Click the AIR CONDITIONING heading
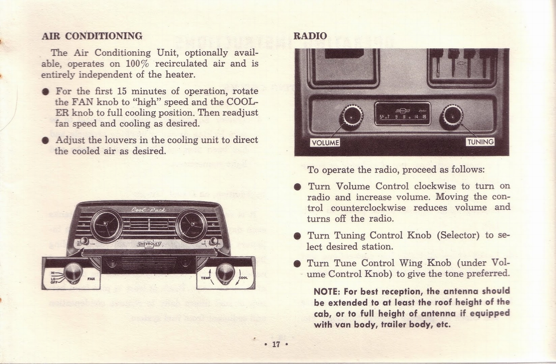[92, 36]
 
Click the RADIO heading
[310, 36]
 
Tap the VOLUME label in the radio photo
[325, 143]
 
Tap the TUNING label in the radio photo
[480, 142]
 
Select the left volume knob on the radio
[352, 116]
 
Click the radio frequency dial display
[402, 114]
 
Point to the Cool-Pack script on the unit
[148, 210]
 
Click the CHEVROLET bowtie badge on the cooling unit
[149, 244]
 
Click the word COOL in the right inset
[243, 278]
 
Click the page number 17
[276, 345]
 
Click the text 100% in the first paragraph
[137, 64]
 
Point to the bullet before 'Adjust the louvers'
[44, 140]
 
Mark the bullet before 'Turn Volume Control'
[297, 187]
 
